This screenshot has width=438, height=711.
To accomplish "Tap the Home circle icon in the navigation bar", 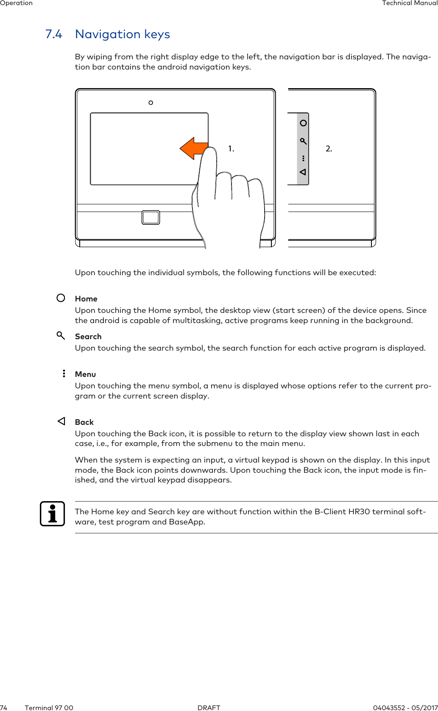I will [303, 123].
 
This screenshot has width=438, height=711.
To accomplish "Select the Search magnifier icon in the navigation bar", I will [303, 141].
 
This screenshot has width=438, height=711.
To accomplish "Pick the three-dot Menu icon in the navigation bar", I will [303, 158].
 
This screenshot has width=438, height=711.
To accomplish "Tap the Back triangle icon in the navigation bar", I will [303, 172].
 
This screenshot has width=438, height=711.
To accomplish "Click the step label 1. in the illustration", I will [231, 149].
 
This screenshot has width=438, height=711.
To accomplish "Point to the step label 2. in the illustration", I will [329, 149].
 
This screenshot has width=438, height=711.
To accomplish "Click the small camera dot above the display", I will [151, 103].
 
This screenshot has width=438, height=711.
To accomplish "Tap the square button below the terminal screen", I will [151, 217].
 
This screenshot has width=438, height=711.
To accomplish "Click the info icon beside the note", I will [53, 514].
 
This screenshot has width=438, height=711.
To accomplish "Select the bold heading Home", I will [86, 299].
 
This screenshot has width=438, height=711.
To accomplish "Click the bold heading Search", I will [88, 337].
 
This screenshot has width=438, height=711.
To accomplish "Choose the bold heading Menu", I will [85, 374].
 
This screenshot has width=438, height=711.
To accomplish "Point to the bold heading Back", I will [84, 422].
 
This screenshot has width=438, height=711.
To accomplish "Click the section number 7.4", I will [54, 34].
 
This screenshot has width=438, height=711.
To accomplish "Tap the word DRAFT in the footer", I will [209, 708].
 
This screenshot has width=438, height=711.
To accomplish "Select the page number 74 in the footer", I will [4, 708].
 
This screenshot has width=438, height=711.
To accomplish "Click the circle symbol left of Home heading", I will [61, 298].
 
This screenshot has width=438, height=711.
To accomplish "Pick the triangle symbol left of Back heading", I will [61, 421].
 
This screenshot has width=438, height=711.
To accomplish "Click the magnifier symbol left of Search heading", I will [61, 336].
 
